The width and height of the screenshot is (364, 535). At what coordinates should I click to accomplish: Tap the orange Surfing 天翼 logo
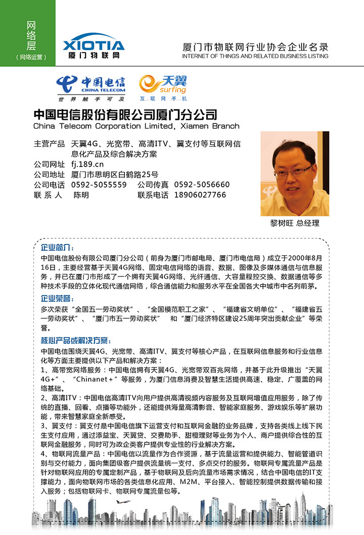click(x=163, y=88)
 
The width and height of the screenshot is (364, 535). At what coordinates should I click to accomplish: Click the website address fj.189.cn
click(x=87, y=164)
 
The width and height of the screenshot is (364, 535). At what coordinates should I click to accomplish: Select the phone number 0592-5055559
click(x=99, y=185)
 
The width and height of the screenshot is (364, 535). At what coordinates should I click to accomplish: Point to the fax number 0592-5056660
click(x=202, y=185)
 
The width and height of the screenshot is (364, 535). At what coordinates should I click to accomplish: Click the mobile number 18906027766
click(x=200, y=195)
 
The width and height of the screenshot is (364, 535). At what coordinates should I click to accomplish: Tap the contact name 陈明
click(x=81, y=195)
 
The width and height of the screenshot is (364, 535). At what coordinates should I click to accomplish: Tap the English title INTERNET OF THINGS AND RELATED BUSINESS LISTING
click(x=255, y=56)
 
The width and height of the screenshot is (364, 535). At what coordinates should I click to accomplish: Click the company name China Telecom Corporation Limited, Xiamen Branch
click(x=136, y=126)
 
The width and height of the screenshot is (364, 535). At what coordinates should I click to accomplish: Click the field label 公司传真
click(x=153, y=185)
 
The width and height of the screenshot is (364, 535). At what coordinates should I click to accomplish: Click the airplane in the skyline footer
click(x=120, y=502)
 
